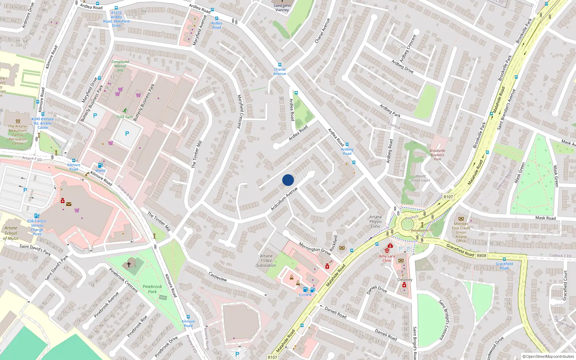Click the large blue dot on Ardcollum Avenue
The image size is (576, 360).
(x=288, y=180)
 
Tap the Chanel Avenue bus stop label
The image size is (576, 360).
(x=280, y=71)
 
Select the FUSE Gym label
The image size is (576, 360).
(x=125, y=117)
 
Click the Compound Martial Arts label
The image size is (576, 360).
(x=120, y=66)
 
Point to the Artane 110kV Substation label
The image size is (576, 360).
(x=266, y=261)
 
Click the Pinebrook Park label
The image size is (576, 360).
(x=152, y=289)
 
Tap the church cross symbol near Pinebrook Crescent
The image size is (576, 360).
(x=129, y=264)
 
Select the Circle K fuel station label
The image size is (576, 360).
(x=305, y=295)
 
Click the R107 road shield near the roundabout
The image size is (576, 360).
(x=448, y=197)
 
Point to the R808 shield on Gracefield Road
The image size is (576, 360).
(x=481, y=256)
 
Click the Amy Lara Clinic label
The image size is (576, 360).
(x=387, y=258)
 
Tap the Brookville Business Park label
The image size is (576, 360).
(x=437, y=155)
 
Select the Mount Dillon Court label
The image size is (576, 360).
(x=420, y=178)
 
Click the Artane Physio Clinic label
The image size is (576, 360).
(x=375, y=221)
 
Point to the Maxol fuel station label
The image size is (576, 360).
(x=100, y=171)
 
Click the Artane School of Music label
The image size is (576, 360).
(x=11, y=233)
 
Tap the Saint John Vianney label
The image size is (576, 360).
(x=282, y=8)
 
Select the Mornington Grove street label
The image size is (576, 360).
(x=315, y=249)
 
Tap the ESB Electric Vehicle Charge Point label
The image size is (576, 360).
(x=37, y=228)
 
